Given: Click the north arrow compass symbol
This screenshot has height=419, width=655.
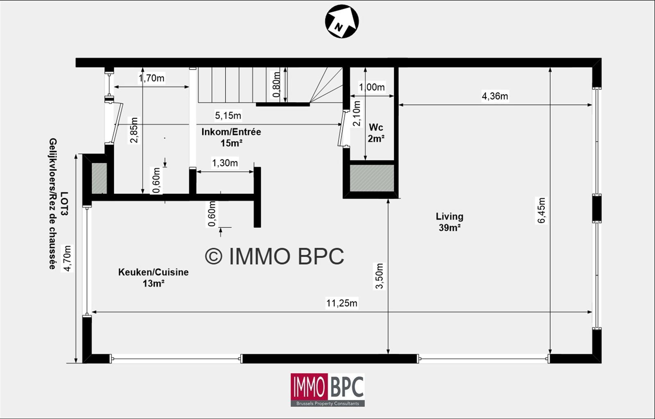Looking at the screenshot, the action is pyautogui.click(x=342, y=21).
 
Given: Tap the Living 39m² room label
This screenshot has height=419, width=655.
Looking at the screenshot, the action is pyautogui.click(x=450, y=222).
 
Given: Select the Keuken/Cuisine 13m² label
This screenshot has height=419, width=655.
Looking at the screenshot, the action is pyautogui.click(x=153, y=277).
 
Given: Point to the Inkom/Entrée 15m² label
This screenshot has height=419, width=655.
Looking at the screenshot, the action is pyautogui.click(x=231, y=137).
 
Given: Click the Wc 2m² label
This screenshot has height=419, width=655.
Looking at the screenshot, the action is pyautogui.click(x=376, y=133).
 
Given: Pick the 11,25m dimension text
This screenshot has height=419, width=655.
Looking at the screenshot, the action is pyautogui.click(x=342, y=303).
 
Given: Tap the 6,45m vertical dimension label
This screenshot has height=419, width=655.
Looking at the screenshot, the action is pyautogui.click(x=542, y=210).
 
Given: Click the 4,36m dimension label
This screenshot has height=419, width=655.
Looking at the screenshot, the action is pyautogui.click(x=495, y=96).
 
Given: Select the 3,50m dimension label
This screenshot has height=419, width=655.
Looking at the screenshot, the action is pyautogui.click(x=379, y=276).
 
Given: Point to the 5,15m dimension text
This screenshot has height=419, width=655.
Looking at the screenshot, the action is pyautogui.click(x=228, y=116).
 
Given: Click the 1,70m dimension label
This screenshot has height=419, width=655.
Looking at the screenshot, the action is pyautogui.click(x=151, y=78).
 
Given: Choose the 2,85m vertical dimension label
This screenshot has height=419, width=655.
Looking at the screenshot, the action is pyautogui.click(x=134, y=130).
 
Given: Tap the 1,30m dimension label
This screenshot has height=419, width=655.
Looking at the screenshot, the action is pyautogui.click(x=225, y=163).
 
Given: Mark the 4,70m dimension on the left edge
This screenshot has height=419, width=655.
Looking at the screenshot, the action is pyautogui.click(x=67, y=258).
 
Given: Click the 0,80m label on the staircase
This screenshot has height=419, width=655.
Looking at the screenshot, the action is pyautogui.click(x=276, y=85).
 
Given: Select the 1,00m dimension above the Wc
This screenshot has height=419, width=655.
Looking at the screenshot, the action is pyautogui.click(x=372, y=87).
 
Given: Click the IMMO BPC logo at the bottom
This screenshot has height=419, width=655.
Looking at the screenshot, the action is pyautogui.click(x=327, y=390).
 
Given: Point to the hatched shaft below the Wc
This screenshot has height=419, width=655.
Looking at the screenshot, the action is pyautogui.click(x=372, y=178).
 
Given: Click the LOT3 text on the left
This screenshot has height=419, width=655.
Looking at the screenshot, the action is pyautogui.click(x=64, y=204).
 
